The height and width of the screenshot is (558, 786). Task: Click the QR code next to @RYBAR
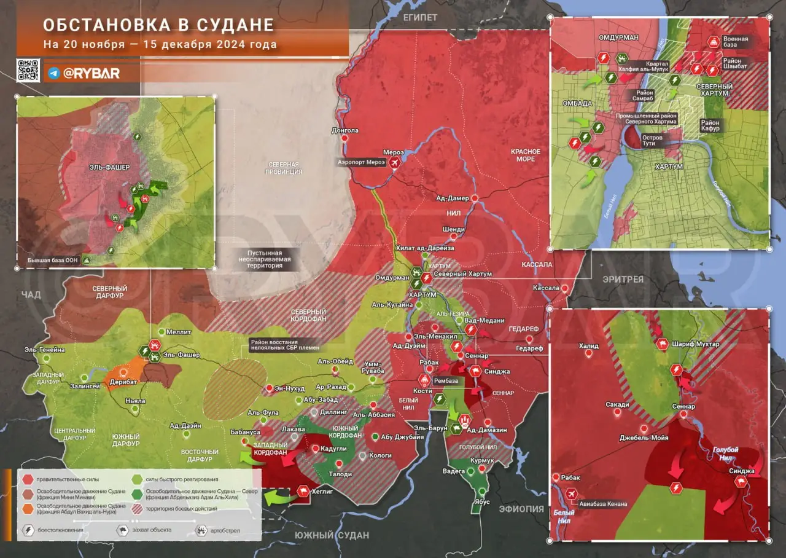pyautogui.click(x=28, y=71)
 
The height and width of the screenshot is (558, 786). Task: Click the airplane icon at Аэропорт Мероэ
pyautogui.click(x=394, y=162)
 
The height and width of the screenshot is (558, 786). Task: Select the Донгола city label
pyautogui.click(x=344, y=130)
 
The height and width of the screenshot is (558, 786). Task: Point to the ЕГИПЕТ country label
pyautogui.click(x=420, y=17)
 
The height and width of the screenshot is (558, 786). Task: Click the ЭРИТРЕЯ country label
pyautogui.click(x=622, y=279)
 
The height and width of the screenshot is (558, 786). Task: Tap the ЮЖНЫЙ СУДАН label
pyautogui.click(x=332, y=535)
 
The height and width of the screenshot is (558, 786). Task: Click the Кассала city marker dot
pyautogui.click(x=563, y=288)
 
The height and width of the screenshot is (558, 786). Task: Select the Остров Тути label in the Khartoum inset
pyautogui.click(x=652, y=141)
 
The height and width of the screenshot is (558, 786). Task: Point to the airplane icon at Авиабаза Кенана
pyautogui.click(x=571, y=493)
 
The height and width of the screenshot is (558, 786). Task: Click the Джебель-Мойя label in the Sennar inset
pyautogui.click(x=643, y=438)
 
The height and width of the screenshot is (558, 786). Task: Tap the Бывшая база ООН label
pyautogui.click(x=52, y=261)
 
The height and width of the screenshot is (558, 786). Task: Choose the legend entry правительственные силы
pyautogui.click(x=67, y=479)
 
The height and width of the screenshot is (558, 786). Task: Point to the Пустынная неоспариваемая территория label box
pyautogui.click(x=269, y=259)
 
